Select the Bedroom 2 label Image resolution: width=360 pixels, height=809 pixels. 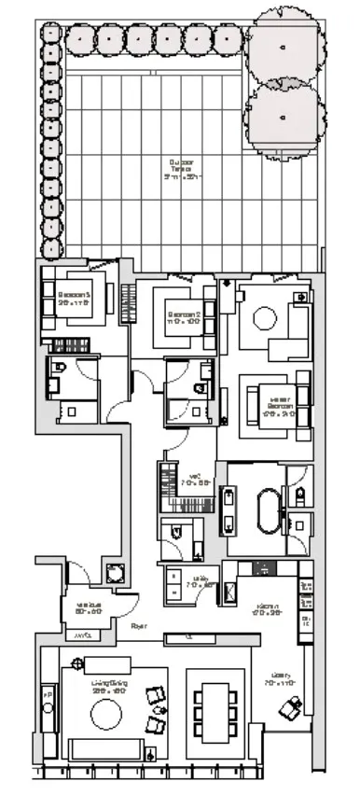pos(182,315)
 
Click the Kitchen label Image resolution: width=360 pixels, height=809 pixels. pos(268,611)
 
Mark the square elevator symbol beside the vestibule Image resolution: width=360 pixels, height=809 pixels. pos(115,572)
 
